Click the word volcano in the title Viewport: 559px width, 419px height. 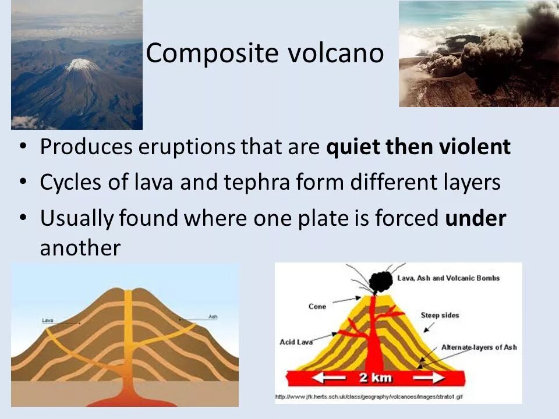[336, 54]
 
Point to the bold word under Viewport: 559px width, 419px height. [476, 218]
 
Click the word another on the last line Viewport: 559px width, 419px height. [80, 248]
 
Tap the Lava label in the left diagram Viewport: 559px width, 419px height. [48, 320]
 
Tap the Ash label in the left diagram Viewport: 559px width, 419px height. [213, 317]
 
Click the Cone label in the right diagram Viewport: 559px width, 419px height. [317, 306]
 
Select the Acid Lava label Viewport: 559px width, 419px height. [296, 342]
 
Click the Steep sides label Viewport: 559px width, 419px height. [440, 315]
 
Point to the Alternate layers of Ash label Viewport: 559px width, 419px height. [479, 347]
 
